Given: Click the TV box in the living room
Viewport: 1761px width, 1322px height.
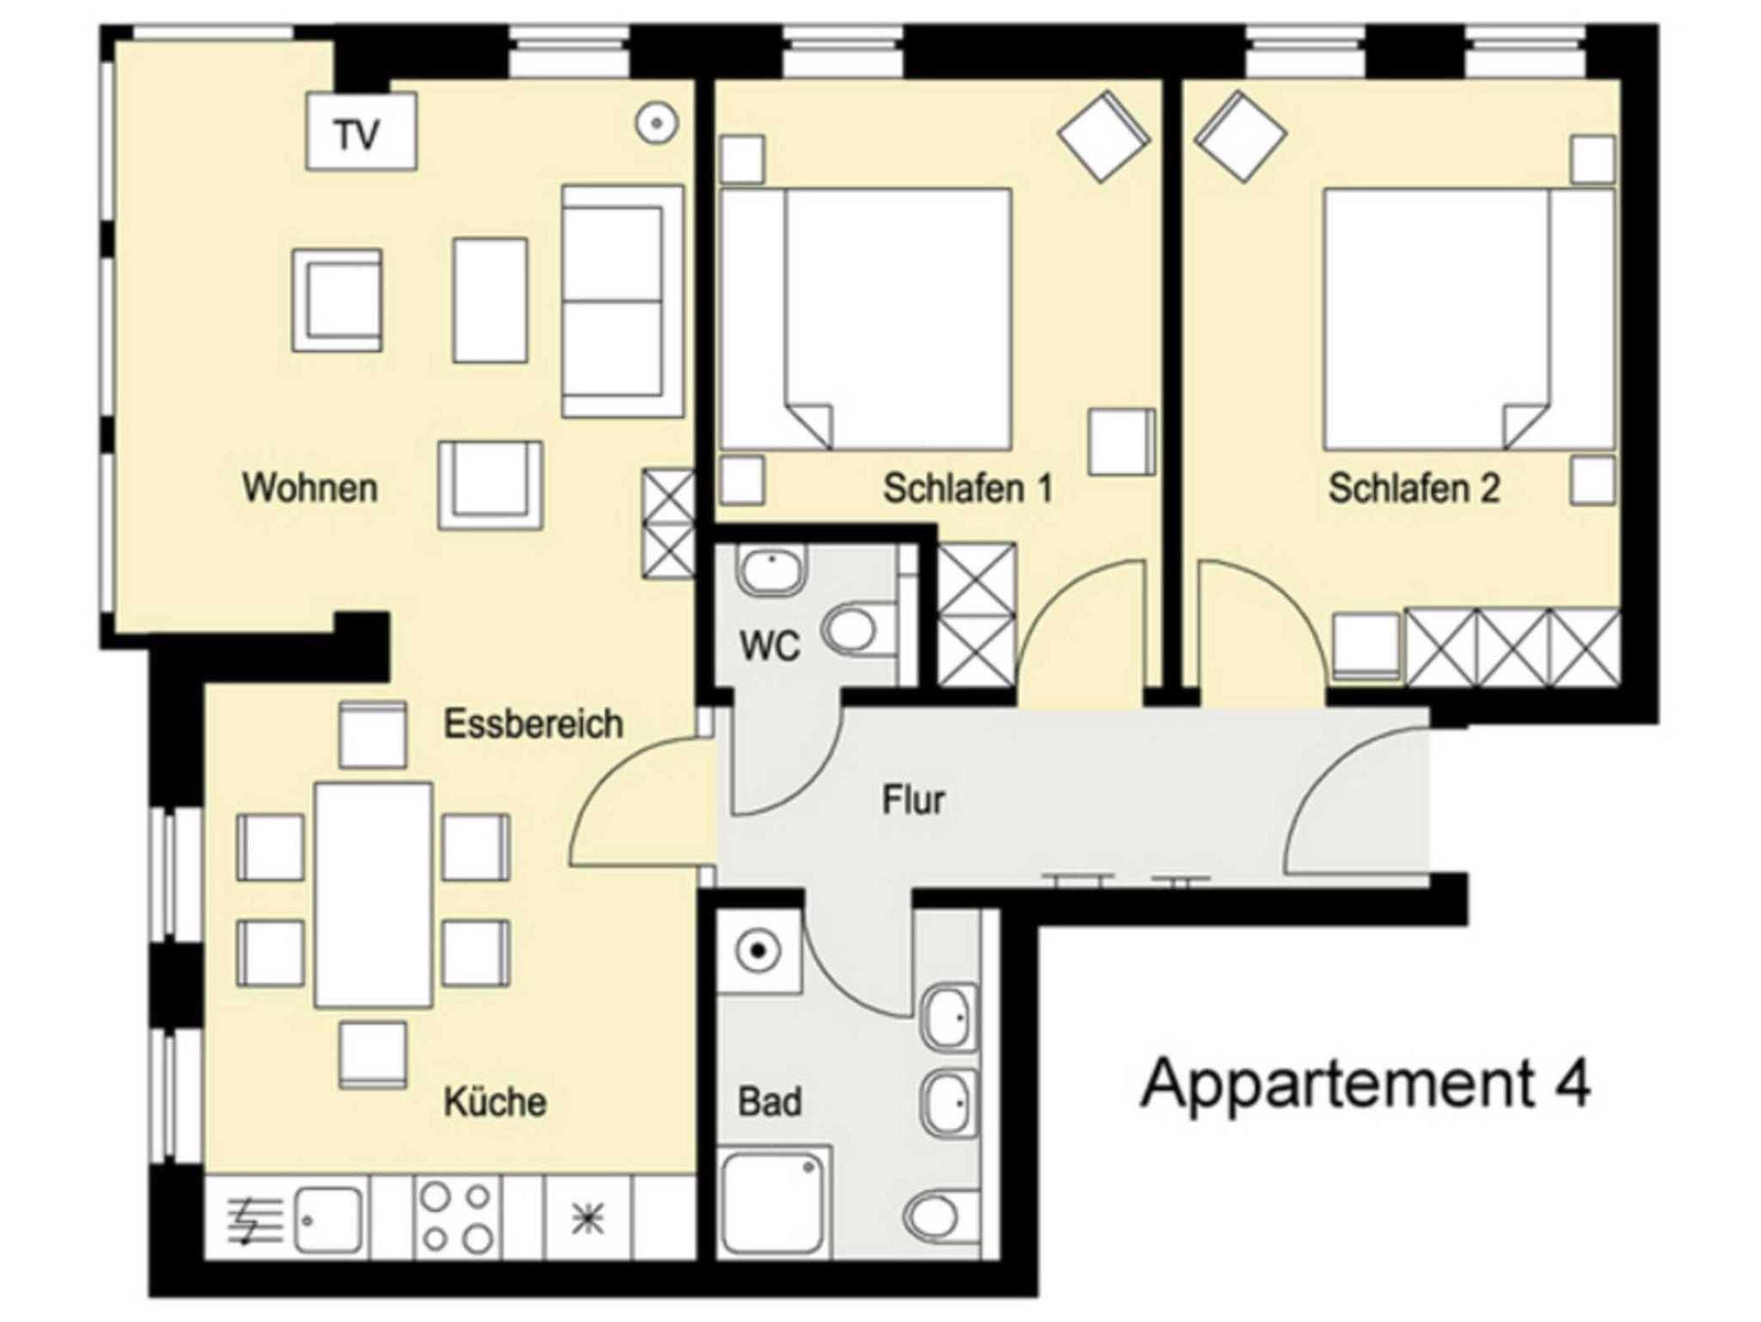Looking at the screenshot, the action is pyautogui.click(x=361, y=131).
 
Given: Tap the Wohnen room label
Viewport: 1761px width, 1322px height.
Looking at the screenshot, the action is pyautogui.click(x=310, y=487).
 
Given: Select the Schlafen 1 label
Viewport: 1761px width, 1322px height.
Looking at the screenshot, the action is pyautogui.click(x=968, y=488).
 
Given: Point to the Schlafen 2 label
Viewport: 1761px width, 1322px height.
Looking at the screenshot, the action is pyautogui.click(x=1414, y=488).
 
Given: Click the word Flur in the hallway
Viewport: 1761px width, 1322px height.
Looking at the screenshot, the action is pyautogui.click(x=913, y=799).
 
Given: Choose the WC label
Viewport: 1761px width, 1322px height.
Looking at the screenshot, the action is pyautogui.click(x=770, y=646).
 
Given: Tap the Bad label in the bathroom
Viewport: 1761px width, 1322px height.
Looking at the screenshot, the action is pyautogui.click(x=770, y=1102).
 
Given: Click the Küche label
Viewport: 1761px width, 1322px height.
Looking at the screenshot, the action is pyautogui.click(x=495, y=1101).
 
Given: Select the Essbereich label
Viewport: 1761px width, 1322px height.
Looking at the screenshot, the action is pyautogui.click(x=533, y=724).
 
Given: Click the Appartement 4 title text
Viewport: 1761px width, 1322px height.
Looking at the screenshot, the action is pyautogui.click(x=1365, y=1086).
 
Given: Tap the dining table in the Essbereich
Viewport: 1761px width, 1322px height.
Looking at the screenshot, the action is pyautogui.click(x=373, y=894).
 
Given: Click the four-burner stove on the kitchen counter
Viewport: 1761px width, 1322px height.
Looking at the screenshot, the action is pyautogui.click(x=457, y=1217).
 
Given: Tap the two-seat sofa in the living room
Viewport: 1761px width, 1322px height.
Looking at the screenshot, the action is pyautogui.click(x=623, y=301).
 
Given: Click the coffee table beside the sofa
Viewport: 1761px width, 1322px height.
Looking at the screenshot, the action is pyautogui.click(x=490, y=300).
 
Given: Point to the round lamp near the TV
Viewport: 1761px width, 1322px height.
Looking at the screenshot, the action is pyautogui.click(x=657, y=124).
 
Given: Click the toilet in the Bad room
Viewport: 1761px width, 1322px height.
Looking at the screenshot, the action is pyautogui.click(x=941, y=1215).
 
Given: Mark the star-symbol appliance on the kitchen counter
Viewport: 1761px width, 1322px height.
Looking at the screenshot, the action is pyautogui.click(x=588, y=1218).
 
